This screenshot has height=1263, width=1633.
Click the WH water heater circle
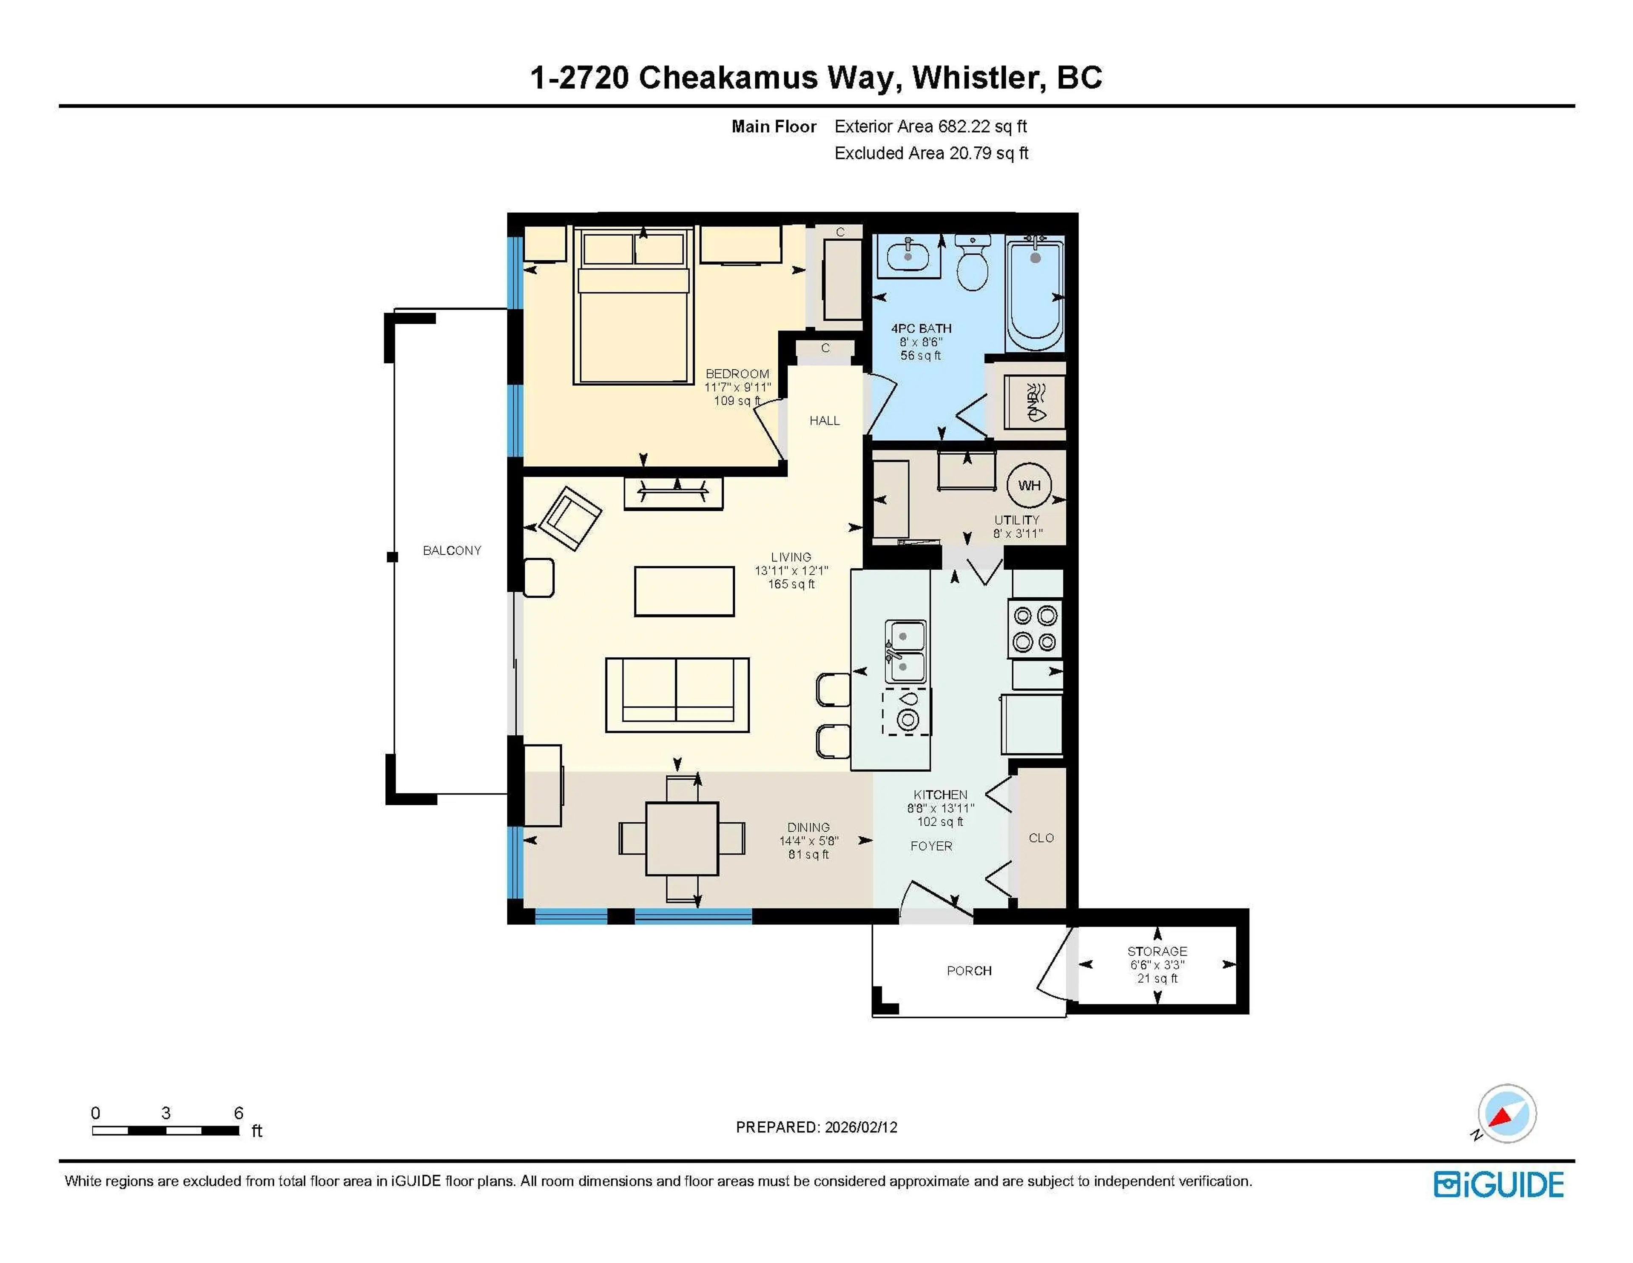pos(1029,485)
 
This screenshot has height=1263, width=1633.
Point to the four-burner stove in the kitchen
pos(1035,629)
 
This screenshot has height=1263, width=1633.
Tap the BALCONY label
pos(452,550)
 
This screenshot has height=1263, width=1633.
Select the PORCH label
pos(969,971)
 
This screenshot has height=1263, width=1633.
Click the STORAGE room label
pos(1157,951)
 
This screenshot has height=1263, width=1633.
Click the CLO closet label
pos(1041,838)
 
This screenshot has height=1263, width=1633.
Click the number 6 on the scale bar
pos(239,1113)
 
